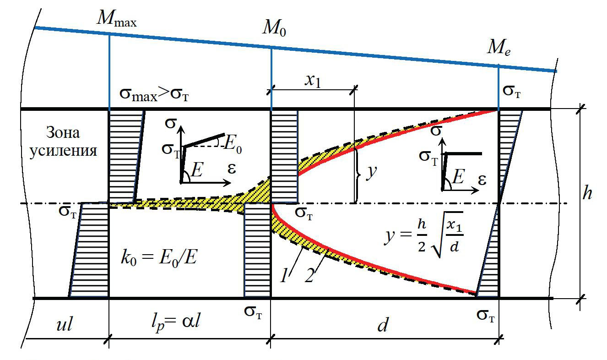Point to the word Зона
tap(63, 133)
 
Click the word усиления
tap(63, 151)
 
